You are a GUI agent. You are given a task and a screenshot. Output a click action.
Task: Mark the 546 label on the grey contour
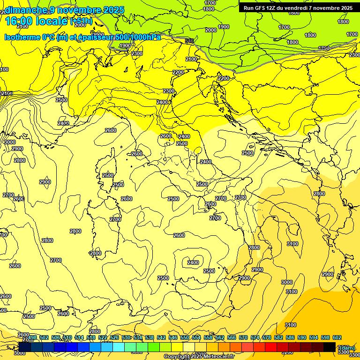[189, 41]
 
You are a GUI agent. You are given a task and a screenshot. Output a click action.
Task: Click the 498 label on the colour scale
[32, 337]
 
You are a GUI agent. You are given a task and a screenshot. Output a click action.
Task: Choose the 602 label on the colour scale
[337, 337]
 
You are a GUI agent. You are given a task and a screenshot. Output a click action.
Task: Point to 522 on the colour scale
[103, 337]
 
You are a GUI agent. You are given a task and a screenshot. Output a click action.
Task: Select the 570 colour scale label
[243, 337]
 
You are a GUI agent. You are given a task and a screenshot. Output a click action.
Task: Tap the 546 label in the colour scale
[173, 337]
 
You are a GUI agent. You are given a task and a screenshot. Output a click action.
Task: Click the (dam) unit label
[347, 347]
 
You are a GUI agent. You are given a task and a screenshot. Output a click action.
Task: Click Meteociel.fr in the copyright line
[218, 357]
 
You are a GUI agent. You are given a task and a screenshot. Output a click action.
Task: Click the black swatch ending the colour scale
[330, 347]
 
